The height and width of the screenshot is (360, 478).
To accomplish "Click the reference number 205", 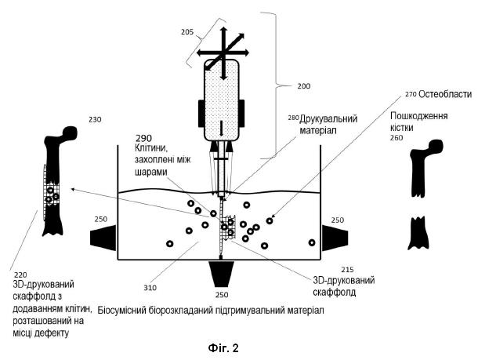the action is tap(187, 31).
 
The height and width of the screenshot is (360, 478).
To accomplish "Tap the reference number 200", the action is tap(304, 86).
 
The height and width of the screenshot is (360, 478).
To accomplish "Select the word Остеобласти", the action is tap(445, 94).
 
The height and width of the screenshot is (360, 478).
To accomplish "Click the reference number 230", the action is tap(95, 119).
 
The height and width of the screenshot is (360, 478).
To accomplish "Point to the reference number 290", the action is tap(144, 139).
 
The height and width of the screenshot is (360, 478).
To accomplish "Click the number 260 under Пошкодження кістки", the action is tap(397, 138).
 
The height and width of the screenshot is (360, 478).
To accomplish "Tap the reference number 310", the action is tap(150, 287).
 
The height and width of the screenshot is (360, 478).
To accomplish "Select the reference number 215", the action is tap(347, 270).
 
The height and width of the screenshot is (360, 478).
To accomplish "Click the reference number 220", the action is tap(20, 275).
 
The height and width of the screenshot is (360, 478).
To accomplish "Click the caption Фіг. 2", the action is tap(223, 347).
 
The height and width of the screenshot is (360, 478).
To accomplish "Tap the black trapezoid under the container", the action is tap(221, 274).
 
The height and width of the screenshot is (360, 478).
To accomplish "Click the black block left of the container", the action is tap(103, 238).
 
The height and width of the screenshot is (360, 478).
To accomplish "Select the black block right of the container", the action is tap(335, 238).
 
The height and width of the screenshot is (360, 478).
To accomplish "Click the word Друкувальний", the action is tap(328, 118).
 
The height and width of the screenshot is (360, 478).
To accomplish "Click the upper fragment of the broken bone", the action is tap(424, 169).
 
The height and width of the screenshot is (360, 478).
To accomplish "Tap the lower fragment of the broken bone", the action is tap(418, 233).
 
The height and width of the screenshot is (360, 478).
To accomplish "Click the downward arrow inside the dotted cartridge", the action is tap(221, 129).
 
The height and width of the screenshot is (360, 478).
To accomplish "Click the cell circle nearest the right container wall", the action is tap(312, 242).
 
